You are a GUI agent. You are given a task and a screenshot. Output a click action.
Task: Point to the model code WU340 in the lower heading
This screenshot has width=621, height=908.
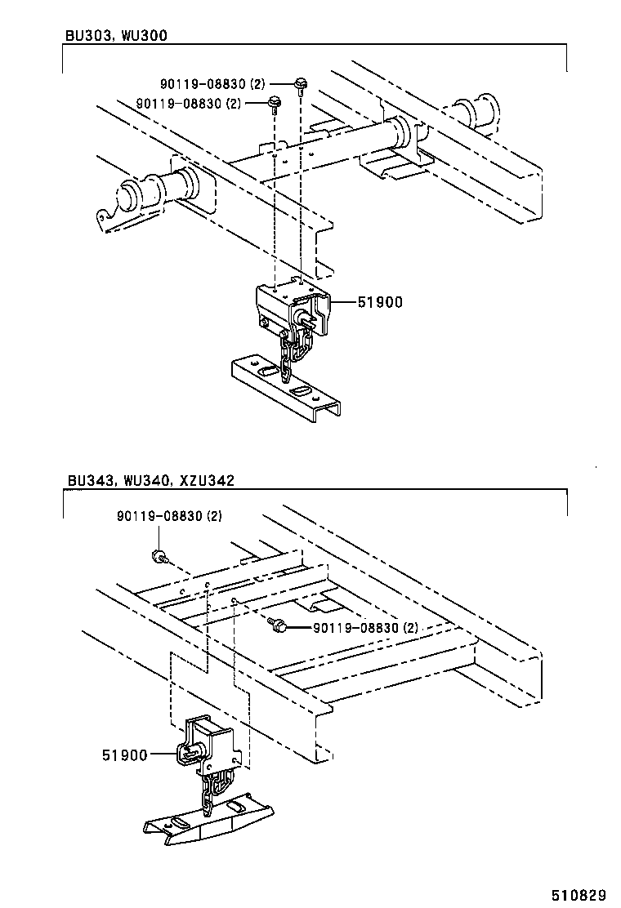tap(145, 480)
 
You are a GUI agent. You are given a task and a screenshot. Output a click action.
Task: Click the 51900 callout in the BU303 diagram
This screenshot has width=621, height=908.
tap(380, 302)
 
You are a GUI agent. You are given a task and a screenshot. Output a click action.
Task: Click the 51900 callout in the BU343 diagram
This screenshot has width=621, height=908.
tap(124, 755)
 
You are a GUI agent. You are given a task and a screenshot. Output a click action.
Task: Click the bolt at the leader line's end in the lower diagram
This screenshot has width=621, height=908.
tap(279, 625)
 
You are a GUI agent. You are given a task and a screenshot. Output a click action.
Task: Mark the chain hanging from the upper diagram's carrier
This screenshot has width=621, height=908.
tap(290, 351)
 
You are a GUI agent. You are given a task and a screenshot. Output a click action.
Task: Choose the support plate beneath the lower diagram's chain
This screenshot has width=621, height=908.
tap(208, 821)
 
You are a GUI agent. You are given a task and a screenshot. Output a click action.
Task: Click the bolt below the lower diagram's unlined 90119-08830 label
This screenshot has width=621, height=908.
tap(158, 557)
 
